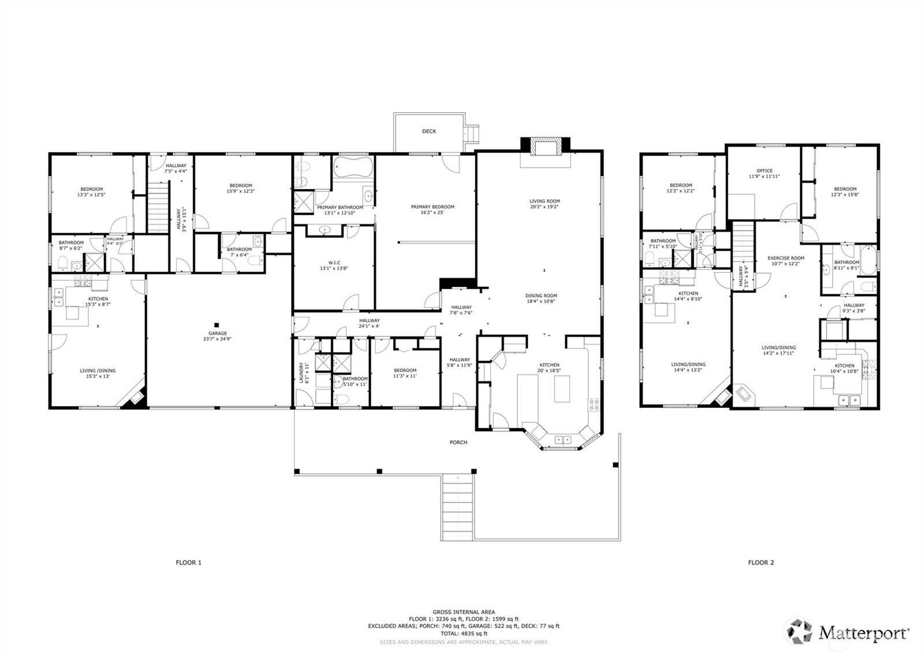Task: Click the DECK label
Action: tap(429, 131)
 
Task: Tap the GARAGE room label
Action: tap(218, 333)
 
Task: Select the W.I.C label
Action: tap(334, 263)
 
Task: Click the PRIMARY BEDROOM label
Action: tap(433, 207)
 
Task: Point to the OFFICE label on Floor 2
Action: tap(764, 171)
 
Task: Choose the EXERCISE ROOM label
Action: tap(785, 258)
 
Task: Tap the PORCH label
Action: tap(459, 443)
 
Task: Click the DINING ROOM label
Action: tap(541, 296)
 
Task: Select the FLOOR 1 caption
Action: tap(189, 562)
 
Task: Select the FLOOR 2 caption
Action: tap(761, 562)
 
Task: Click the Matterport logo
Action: tap(850, 632)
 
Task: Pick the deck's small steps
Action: tap(473, 133)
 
